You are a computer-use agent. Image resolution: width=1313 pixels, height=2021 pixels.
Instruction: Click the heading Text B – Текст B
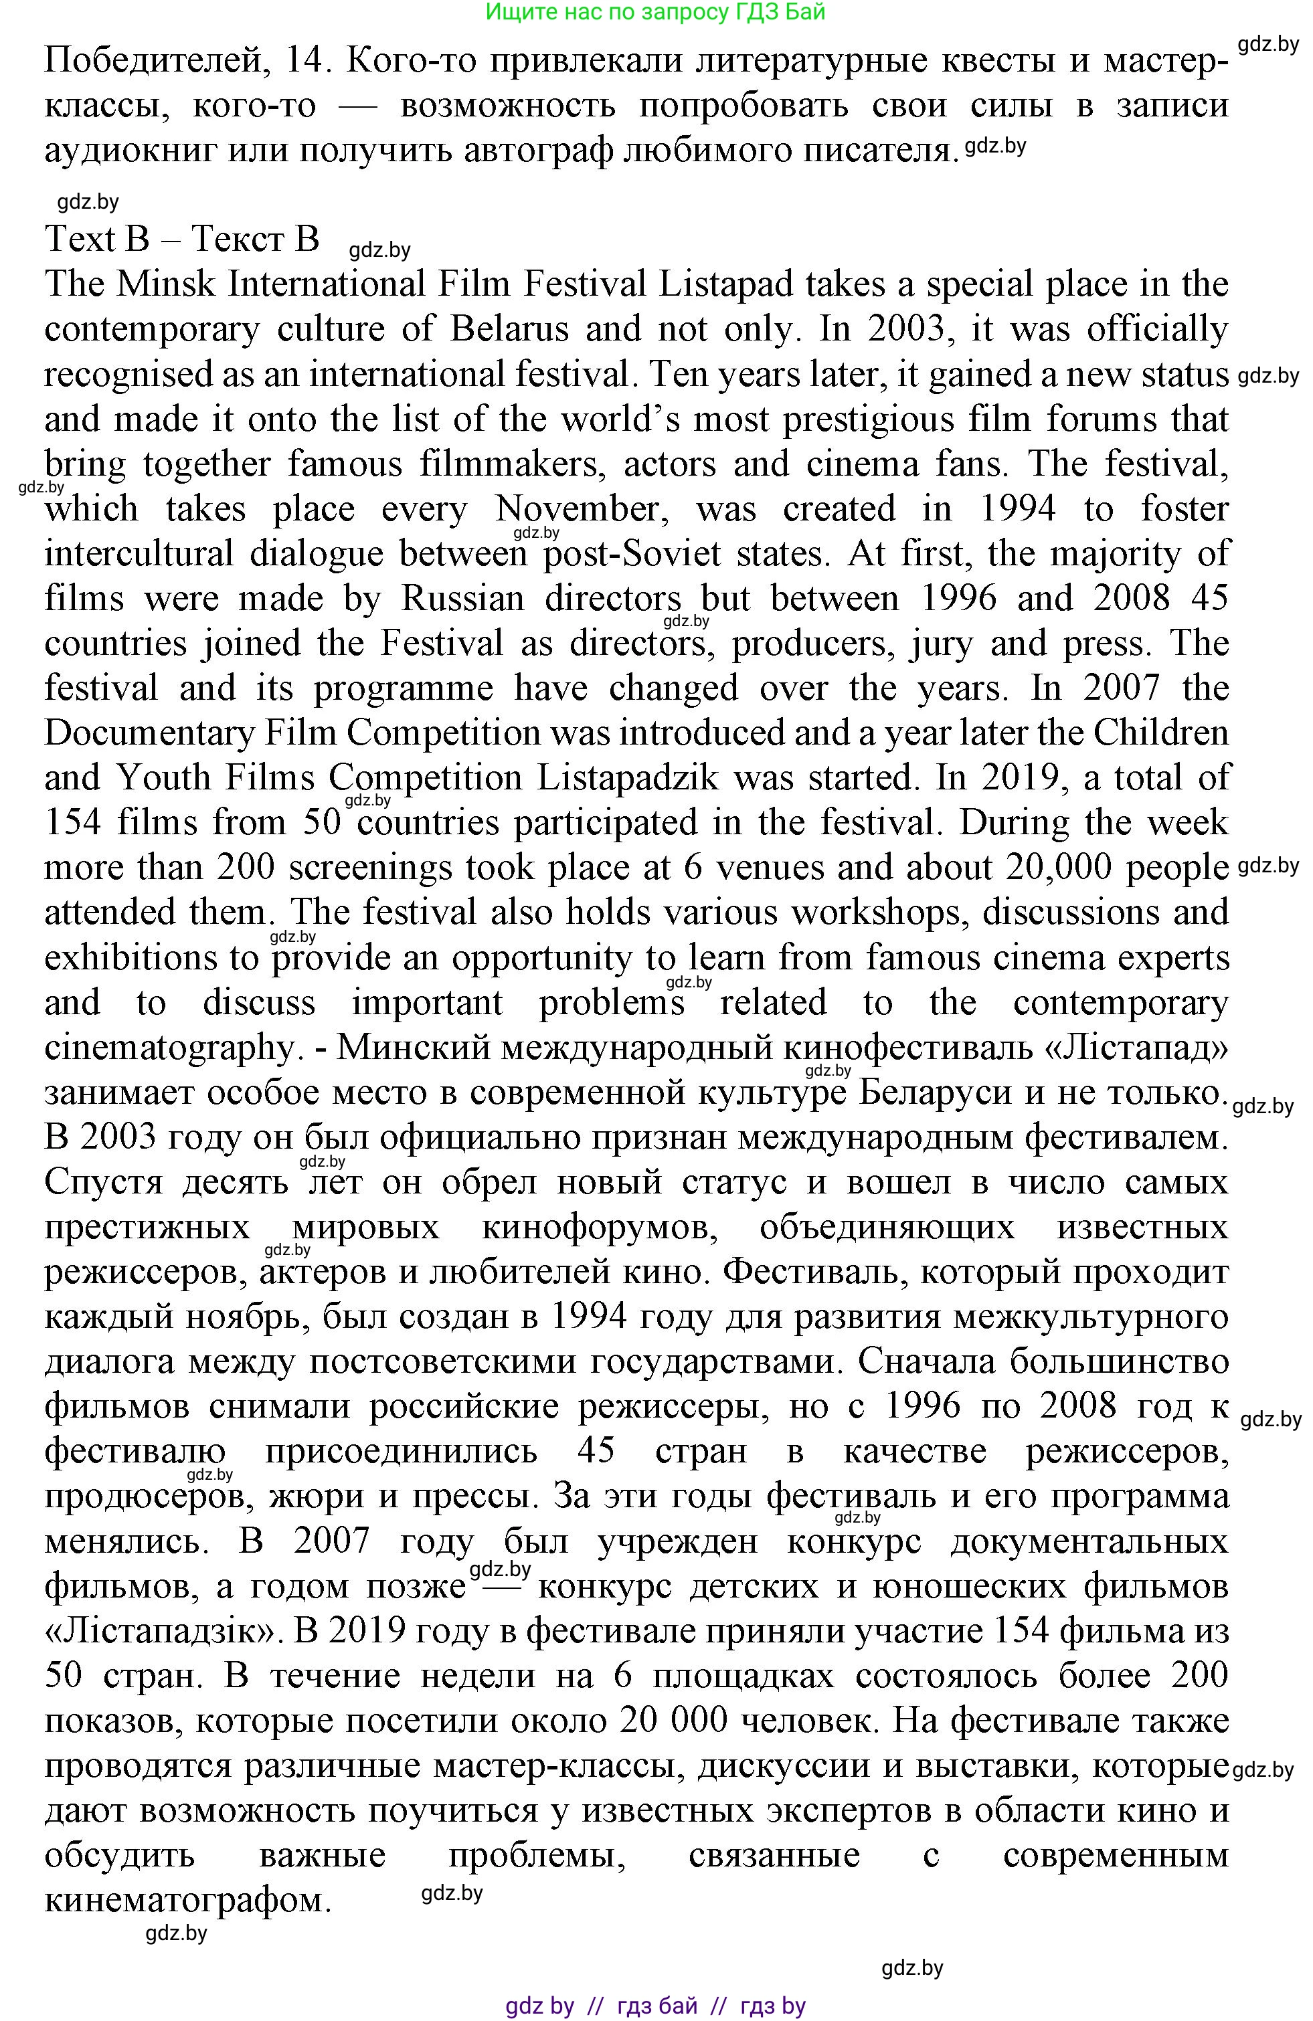pos(182,239)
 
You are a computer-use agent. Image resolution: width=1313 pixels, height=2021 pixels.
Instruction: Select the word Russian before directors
pos(463,599)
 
